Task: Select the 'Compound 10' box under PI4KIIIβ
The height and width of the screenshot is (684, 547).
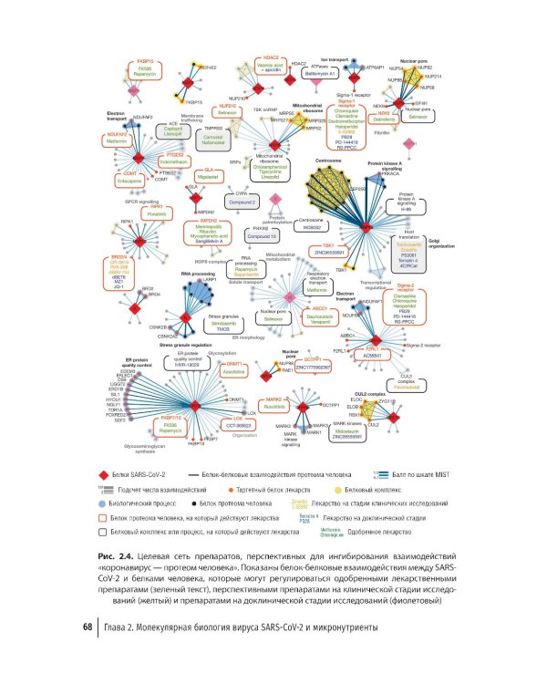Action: [241, 238]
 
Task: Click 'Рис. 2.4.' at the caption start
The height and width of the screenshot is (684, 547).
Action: [116, 555]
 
